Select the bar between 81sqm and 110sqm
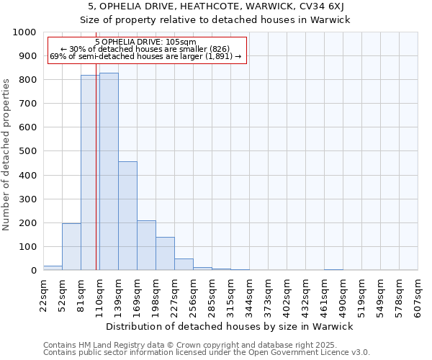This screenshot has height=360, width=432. [90, 173]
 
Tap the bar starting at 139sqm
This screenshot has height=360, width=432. [127, 216]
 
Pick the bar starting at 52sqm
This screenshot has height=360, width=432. [71, 247]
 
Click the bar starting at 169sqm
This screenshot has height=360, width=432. [146, 246]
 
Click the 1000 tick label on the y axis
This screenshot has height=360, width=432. [24, 32]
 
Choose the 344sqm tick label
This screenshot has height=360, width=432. [250, 294]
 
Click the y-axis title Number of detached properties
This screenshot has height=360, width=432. [6, 151]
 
